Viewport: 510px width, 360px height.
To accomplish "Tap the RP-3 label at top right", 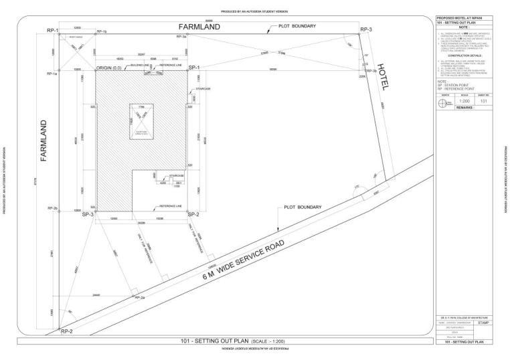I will pyautogui.click(x=365, y=30).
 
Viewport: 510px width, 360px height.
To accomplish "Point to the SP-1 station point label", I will pyautogui.click(x=194, y=68).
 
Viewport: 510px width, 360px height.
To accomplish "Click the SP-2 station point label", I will pyautogui.click(x=193, y=214).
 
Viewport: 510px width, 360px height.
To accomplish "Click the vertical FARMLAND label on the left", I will pyautogui.click(x=42, y=141).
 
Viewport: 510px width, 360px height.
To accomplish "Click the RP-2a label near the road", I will pyautogui.click(x=140, y=296).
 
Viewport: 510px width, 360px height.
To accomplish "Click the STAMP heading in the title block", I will pyautogui.click(x=483, y=323).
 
